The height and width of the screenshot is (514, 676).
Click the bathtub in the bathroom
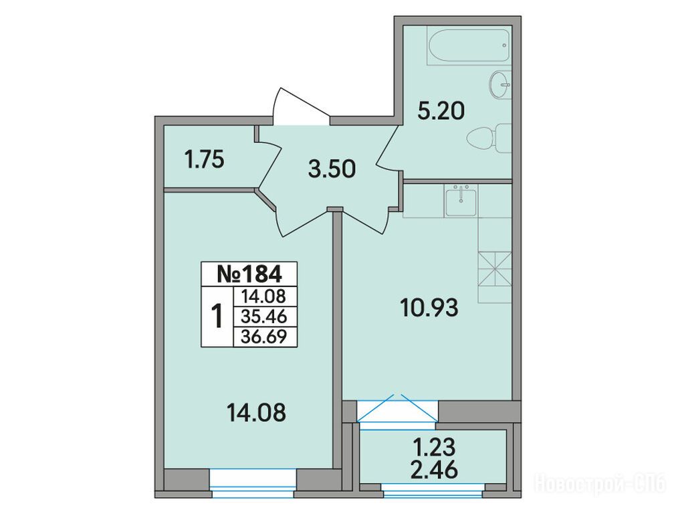[470, 46]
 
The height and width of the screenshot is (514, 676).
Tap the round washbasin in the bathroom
[500, 85]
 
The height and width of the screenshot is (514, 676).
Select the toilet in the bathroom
[489, 138]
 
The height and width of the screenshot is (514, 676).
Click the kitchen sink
[461, 201]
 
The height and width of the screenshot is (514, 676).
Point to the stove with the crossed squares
[495, 269]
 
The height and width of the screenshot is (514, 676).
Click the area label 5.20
[441, 111]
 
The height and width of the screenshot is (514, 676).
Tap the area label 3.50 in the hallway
[332, 169]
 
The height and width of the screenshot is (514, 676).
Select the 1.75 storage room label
[205, 161]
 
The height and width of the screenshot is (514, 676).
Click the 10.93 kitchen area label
[429, 309]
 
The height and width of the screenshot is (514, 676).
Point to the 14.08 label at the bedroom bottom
[256, 412]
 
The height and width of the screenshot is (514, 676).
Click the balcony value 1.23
[434, 448]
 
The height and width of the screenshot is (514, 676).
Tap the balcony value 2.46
[434, 470]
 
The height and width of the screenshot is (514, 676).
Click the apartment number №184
[249, 274]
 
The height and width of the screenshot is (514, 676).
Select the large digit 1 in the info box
[217, 316]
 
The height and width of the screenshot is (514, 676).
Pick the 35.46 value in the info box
[264, 317]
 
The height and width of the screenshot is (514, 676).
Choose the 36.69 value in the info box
[264, 336]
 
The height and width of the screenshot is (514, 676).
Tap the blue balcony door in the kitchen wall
[397, 411]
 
